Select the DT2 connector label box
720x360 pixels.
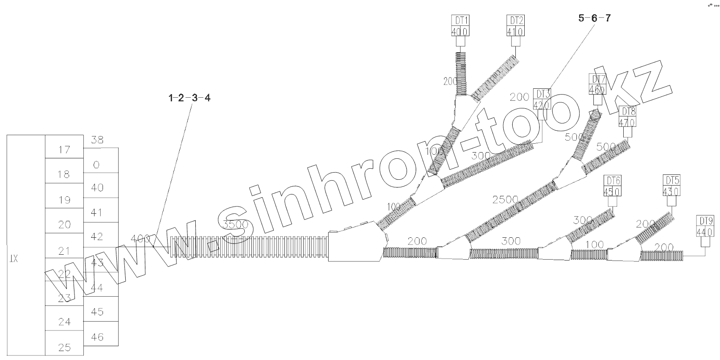coord(515,26)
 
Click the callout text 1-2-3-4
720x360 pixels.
coord(189,98)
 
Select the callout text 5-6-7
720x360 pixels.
coord(594,18)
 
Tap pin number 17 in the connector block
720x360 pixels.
coord(65,150)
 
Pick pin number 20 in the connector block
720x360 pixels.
coord(65,225)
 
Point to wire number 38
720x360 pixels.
coord(97,140)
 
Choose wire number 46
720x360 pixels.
coord(97,337)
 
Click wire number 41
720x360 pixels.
coord(97,212)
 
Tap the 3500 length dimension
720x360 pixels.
coord(236,224)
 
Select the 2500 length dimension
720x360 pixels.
coord(505,199)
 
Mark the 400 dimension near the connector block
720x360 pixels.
coord(140,239)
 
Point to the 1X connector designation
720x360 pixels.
coord(13,259)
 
